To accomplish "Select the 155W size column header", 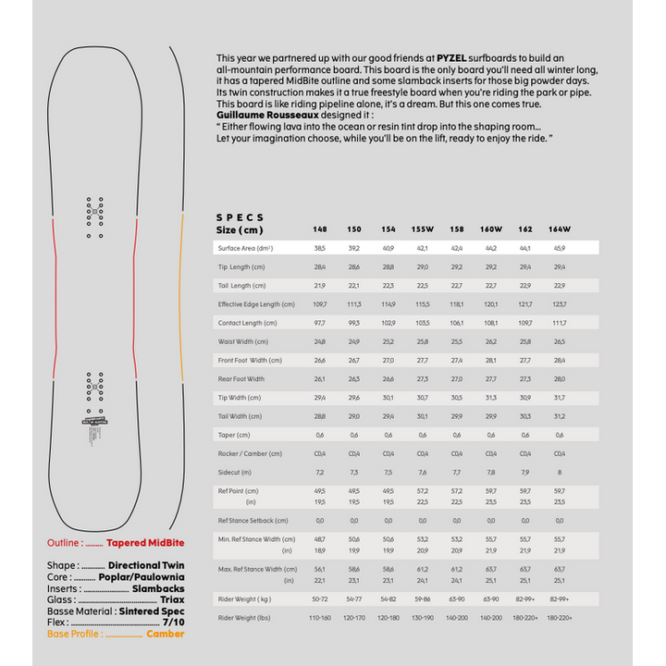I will click(x=423, y=229).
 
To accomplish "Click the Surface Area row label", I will click(x=245, y=248).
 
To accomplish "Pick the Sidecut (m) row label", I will click(x=236, y=472).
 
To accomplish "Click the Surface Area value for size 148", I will click(x=320, y=248).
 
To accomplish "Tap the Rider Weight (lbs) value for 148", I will click(x=320, y=617).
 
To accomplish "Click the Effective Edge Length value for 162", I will click(x=525, y=304).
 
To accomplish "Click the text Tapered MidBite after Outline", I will click(x=145, y=544).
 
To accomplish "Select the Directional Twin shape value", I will click(x=146, y=565).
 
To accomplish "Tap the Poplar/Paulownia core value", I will click(x=140, y=576).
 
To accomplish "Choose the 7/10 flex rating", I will click(x=173, y=623).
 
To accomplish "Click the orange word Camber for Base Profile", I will click(x=166, y=634).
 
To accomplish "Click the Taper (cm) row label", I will click(x=235, y=435).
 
